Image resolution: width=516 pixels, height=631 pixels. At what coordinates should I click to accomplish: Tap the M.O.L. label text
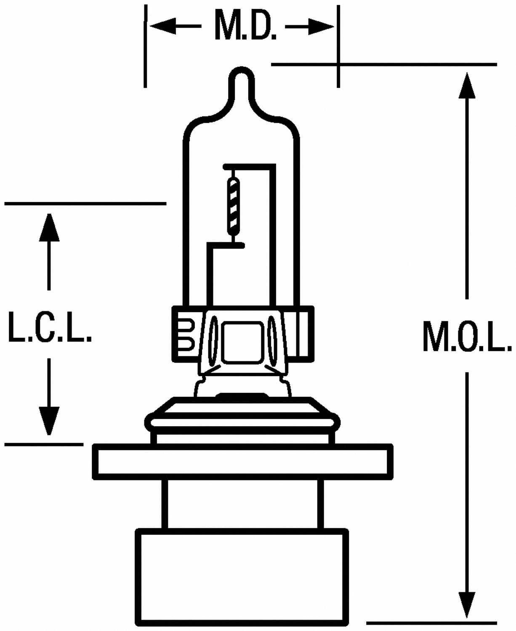[x=467, y=337]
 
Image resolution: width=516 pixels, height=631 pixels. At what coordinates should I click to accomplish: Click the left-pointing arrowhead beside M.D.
[x=163, y=27]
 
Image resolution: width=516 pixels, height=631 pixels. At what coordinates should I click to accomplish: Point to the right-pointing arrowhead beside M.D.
[x=321, y=27]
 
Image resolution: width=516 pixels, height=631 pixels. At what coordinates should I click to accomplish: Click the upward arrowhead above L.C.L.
[x=49, y=228]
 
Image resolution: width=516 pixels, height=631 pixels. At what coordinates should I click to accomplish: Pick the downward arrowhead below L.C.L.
[x=49, y=421]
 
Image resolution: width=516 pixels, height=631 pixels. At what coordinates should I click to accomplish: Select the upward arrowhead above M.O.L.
[x=467, y=85]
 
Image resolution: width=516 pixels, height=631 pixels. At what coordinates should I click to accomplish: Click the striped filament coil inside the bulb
[x=234, y=206]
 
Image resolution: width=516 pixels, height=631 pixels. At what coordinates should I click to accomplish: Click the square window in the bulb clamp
[x=242, y=343]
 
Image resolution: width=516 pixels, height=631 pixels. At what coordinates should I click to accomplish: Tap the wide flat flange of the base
[x=242, y=462]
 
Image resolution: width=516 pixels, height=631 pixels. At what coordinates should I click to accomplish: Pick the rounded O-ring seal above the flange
[x=242, y=423]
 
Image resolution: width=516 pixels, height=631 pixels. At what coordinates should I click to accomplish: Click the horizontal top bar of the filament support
[x=249, y=167]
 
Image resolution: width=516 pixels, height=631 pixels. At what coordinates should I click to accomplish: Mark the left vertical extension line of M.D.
[x=146, y=46]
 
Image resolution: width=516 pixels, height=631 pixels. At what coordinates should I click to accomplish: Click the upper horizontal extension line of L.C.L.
[x=85, y=204]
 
